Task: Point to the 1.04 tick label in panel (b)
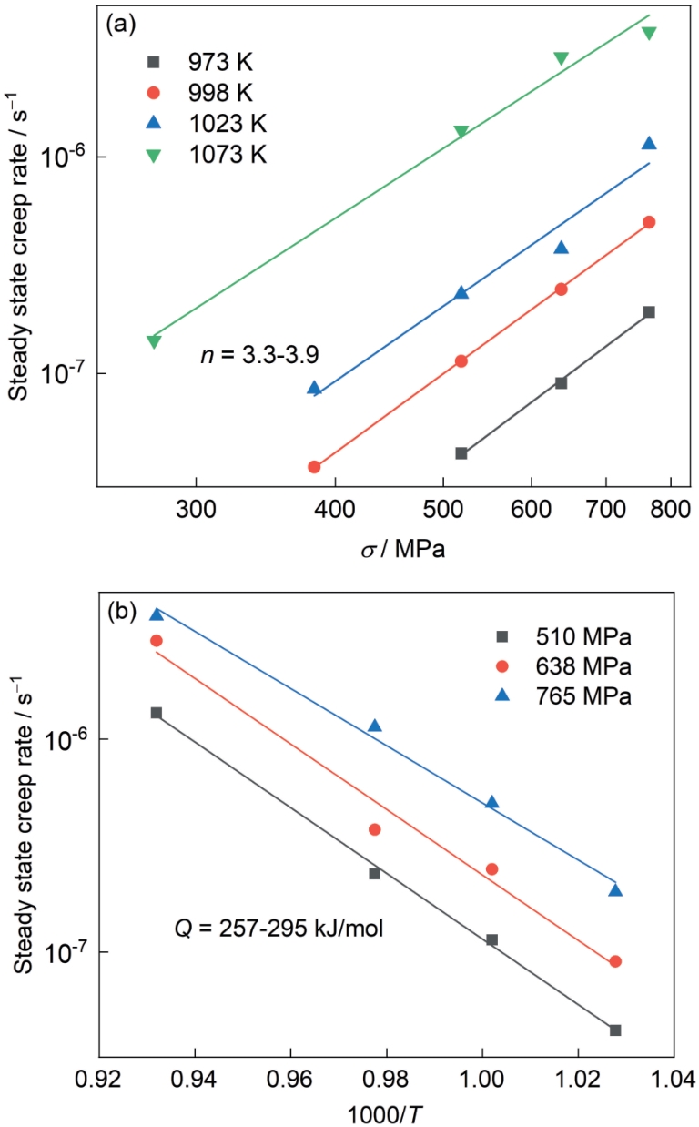point(673,1084)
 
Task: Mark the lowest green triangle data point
point(154,341)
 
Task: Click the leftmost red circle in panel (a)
point(314,467)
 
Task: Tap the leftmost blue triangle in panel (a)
point(314,388)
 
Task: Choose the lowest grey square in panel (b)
point(615,1031)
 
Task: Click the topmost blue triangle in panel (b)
point(157,614)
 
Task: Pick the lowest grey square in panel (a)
point(461,453)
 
